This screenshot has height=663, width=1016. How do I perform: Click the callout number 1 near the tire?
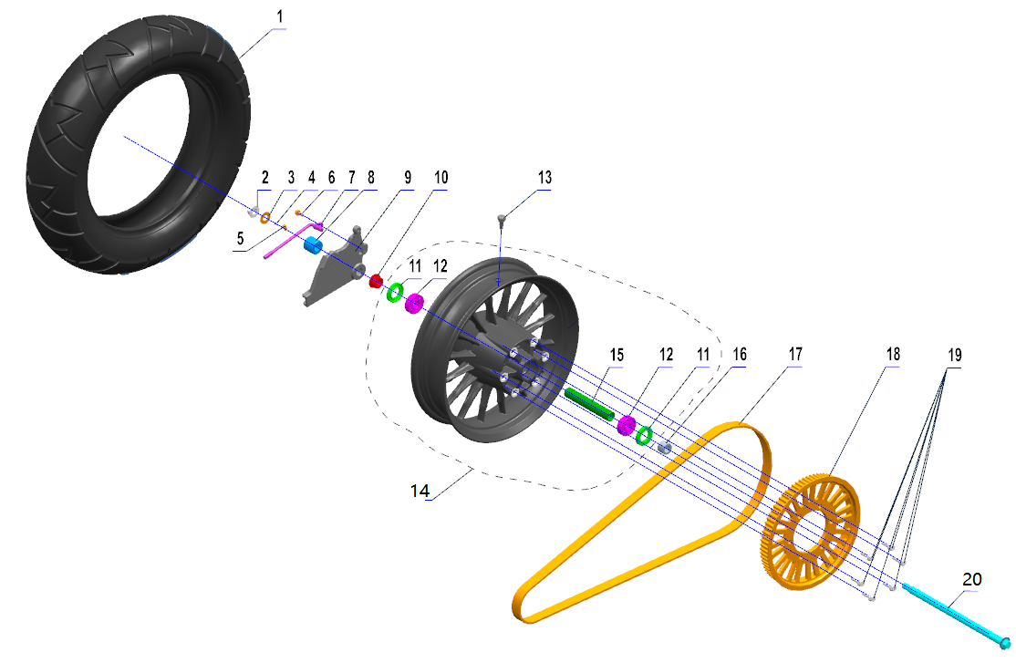pos(280,16)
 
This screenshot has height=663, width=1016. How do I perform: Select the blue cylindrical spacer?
pos(314,245)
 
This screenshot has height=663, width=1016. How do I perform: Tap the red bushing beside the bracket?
pos(376,281)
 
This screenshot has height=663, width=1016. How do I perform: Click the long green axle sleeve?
pos(589,404)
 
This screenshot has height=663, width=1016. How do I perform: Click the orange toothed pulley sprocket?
pos(810,533)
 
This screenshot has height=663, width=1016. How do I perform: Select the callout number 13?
pos(544,178)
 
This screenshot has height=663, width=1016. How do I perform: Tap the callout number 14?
pos(420,492)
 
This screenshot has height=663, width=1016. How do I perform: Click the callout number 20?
pos(972,579)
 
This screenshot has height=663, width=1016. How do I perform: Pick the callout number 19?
pos(955,355)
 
